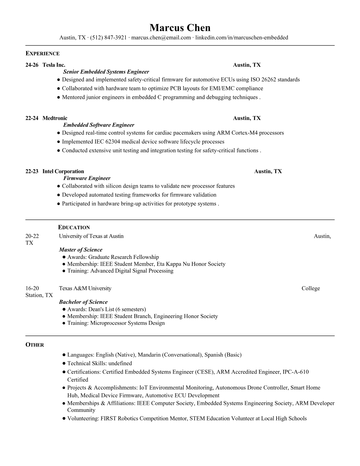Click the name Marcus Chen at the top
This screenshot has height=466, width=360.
pos(180,28)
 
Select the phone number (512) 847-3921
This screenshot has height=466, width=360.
pos(108,38)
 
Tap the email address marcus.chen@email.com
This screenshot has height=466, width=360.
pos(161,38)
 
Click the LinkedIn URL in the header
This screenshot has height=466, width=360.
pos(242,38)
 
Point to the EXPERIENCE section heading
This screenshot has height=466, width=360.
pos(43,54)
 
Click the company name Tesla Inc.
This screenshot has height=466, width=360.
pos(54,65)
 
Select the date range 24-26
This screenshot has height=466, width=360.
pos(32,65)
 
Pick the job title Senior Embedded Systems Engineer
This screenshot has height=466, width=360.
pos(106,72)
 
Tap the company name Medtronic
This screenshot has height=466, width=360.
pos(55,118)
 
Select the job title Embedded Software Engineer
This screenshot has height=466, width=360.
pos(99,125)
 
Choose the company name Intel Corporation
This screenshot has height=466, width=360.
pos(63,172)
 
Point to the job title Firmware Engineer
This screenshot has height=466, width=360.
pos(87,178)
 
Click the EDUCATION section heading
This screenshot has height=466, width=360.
pos(74,227)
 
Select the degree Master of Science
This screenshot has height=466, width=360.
pos(81,250)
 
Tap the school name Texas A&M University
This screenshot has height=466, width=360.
pos(85,288)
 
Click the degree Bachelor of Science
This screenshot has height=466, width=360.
pos(83,302)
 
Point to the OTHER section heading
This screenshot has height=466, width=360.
pos(35,345)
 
